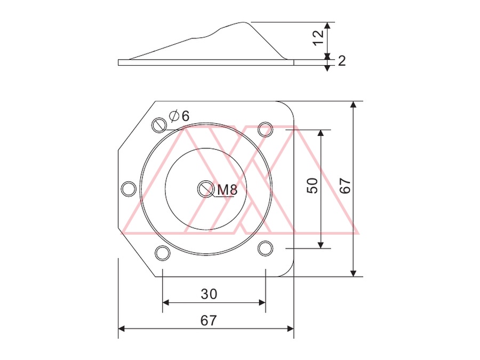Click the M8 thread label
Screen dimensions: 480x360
227,190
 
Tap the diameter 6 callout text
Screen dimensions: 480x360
179,116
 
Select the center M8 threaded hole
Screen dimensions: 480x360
206,189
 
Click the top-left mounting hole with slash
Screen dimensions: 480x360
159,125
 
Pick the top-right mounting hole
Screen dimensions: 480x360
265,130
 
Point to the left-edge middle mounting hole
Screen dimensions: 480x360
129,189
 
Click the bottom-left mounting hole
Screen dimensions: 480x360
163,253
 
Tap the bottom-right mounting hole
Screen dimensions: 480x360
265,248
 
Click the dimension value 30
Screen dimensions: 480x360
209,294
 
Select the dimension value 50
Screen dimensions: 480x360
312,186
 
